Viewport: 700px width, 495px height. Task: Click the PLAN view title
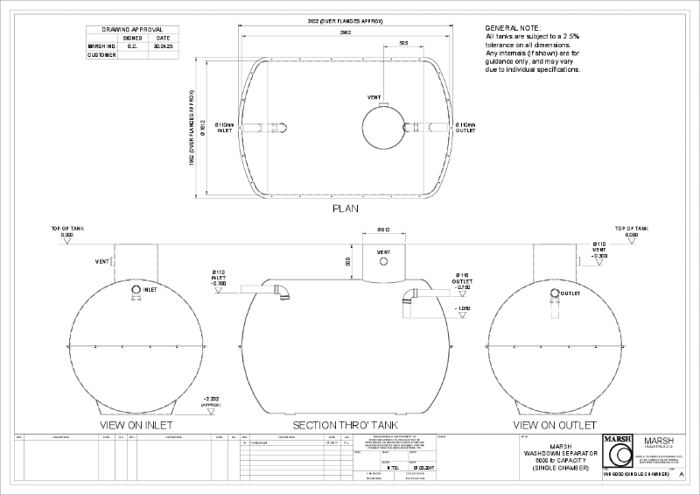click(346, 209)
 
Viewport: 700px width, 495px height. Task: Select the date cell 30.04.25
click(164, 46)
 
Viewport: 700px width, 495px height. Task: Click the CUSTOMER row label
click(102, 55)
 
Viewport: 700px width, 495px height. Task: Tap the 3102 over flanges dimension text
click(347, 19)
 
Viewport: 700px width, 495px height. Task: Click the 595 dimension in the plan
click(403, 42)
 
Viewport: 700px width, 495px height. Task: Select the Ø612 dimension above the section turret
click(383, 230)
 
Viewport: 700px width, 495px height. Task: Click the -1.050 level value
click(464, 309)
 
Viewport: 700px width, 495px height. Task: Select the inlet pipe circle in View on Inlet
click(136, 290)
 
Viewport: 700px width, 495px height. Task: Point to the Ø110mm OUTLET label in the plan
click(465, 129)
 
